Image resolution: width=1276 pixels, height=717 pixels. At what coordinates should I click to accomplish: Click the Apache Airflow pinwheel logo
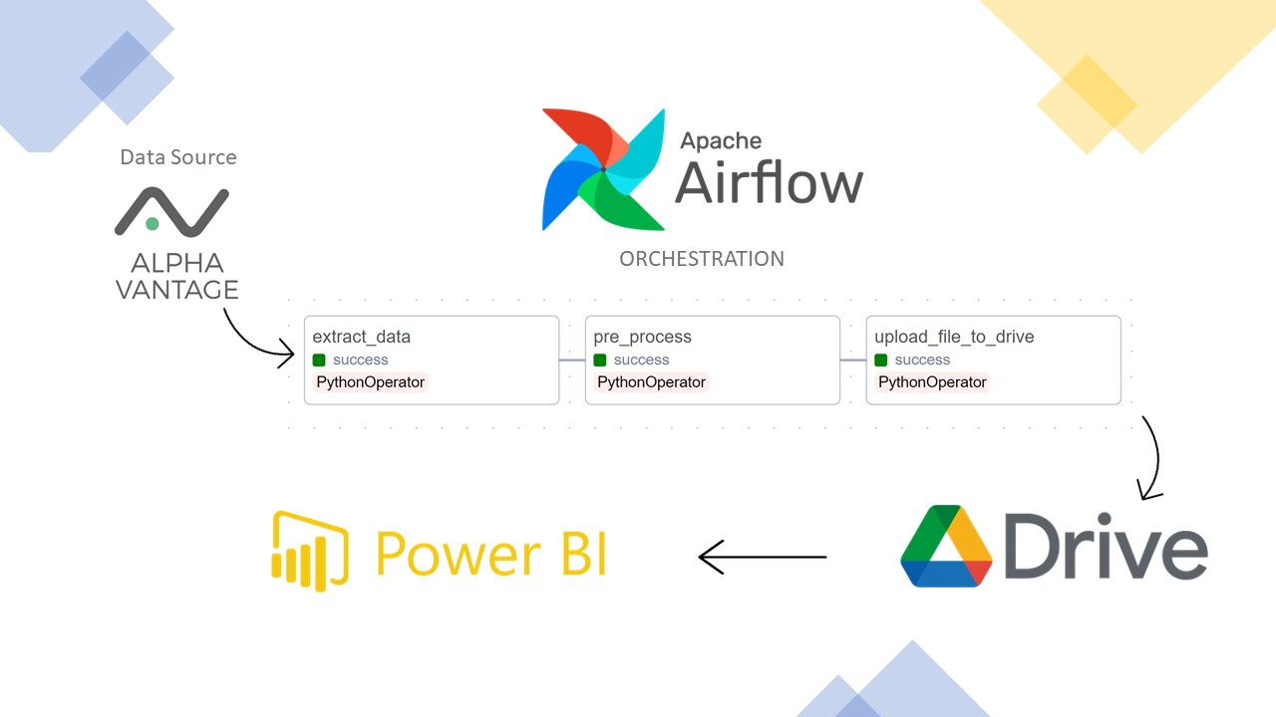click(602, 169)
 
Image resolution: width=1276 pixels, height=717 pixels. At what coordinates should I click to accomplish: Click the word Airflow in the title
click(769, 183)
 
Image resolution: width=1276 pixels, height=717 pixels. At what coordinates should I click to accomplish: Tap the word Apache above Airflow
click(721, 140)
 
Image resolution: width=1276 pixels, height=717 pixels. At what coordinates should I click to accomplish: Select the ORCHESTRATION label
click(702, 259)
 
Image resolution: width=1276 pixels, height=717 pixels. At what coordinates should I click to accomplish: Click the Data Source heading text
click(178, 157)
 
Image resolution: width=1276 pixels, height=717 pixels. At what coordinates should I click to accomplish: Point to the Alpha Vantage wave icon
click(171, 211)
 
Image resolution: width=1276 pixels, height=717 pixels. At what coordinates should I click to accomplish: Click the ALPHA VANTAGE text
click(177, 277)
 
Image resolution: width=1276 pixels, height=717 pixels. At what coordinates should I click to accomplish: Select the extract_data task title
click(361, 337)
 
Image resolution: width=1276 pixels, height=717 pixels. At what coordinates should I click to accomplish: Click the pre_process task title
click(642, 337)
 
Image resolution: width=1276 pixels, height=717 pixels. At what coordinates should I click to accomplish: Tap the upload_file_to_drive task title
click(954, 337)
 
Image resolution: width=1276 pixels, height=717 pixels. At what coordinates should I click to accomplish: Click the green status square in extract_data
click(319, 359)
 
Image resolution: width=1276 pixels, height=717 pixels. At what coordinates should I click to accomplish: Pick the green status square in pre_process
click(600, 359)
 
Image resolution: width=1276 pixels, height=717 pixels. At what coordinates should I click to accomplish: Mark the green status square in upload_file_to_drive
click(881, 359)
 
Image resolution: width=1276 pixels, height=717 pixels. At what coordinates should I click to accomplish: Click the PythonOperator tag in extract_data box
click(370, 382)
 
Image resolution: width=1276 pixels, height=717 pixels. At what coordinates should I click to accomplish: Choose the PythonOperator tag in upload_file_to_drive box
click(932, 382)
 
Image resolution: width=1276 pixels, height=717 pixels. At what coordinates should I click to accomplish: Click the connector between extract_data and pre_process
click(572, 360)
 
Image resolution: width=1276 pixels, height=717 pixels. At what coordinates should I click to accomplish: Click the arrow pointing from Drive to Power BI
click(763, 557)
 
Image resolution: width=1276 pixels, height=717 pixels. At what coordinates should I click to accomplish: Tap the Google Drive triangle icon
click(946, 547)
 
